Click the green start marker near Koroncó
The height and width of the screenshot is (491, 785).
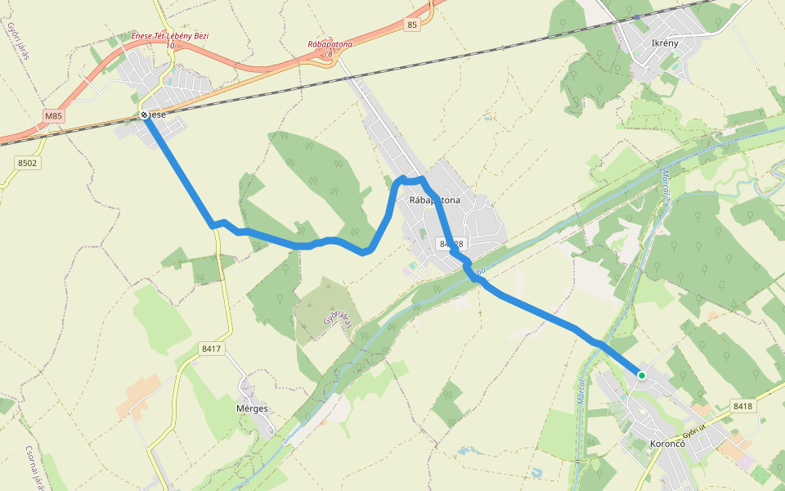pos(642,376)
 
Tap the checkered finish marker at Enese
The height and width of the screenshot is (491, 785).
pos(144,115)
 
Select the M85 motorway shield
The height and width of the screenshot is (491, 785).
pos(53,116)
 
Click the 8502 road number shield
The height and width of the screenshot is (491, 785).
pos(28,163)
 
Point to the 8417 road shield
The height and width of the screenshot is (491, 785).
pos(211,349)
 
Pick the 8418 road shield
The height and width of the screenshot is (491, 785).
pos(742,406)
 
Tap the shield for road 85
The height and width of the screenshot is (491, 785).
pos(411,26)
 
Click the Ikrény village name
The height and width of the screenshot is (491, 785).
pos(661,41)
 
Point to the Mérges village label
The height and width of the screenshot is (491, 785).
pos(251,408)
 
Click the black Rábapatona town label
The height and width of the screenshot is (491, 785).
pos(435,200)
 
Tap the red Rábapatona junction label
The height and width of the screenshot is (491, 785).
pos(330,44)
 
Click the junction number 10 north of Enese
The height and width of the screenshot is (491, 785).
pos(170,46)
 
